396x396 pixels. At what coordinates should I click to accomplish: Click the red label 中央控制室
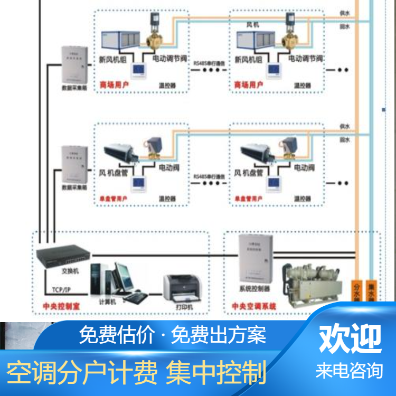[x=60, y=306]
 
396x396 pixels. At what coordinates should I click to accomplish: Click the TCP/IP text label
[x=64, y=290]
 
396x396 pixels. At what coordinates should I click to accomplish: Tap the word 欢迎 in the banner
[x=350, y=338]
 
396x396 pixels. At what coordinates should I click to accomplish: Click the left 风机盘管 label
[x=115, y=172]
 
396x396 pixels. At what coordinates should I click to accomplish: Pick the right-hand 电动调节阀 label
[x=305, y=59]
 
